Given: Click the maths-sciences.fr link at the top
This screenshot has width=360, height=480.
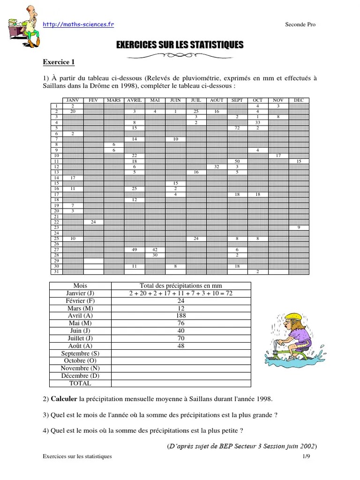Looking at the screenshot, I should point(78,24).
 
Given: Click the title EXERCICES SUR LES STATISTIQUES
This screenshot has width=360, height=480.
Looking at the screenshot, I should point(180,45).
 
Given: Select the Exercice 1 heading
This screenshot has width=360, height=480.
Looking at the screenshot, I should point(59,62).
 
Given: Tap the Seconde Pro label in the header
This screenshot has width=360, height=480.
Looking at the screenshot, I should point(300,25).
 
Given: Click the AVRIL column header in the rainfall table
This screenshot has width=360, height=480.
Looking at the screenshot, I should point(134,100).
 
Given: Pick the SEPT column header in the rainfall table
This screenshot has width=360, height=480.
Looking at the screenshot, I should point(237,100).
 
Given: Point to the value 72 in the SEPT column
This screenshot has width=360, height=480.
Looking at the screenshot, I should point(237,128).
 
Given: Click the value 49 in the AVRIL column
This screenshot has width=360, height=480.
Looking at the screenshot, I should point(134,250).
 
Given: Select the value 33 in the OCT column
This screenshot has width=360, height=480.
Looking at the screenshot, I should point(258,122).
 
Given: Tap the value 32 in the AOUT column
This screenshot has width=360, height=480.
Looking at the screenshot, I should point(217,166).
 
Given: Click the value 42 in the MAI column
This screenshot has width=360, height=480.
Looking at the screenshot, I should point(155,250).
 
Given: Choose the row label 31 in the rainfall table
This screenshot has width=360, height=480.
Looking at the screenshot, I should point(56,272).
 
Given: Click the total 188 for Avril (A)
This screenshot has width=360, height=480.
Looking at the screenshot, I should point(181,316).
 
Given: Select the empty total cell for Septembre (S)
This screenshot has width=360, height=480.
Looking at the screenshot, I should point(181,353).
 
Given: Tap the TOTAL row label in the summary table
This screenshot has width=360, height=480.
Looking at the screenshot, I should point(80,383).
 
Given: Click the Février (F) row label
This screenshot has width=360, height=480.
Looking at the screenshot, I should point(80,301).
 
